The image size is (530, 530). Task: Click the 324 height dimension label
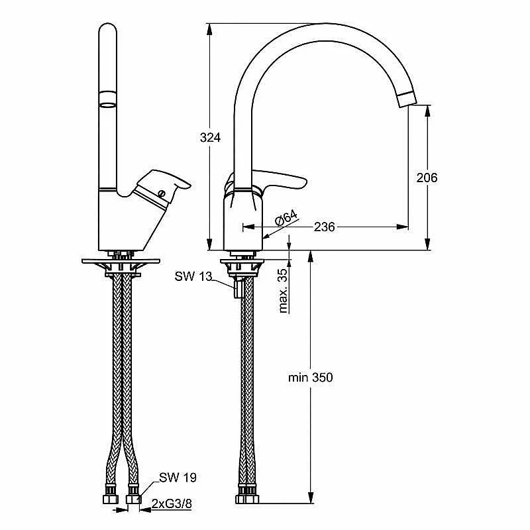click(210, 138)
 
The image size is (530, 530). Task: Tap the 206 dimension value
click(427, 178)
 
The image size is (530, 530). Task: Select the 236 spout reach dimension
click(324, 227)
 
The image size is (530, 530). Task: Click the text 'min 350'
click(310, 377)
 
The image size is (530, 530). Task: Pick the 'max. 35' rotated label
click(283, 291)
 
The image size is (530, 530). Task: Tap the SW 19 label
click(178, 478)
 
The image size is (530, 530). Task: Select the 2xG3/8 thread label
click(172, 504)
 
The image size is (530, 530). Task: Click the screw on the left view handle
click(162, 193)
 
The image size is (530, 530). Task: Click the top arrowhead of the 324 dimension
click(209, 29)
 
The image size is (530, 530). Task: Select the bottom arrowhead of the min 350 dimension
click(311, 498)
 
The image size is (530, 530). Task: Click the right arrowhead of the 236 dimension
click(402, 227)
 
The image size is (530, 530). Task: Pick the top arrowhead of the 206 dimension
click(427, 111)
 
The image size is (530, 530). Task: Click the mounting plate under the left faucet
click(121, 261)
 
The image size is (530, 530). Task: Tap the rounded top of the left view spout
click(108, 27)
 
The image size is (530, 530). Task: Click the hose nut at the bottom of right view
click(247, 499)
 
